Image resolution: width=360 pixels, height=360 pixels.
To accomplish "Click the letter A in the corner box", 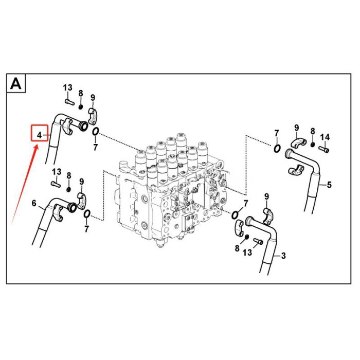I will (16, 83).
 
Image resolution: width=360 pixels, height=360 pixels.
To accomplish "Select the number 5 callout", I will (329, 185).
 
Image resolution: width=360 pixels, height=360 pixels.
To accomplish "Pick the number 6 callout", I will (34, 204).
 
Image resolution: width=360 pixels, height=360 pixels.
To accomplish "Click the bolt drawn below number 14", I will (324, 149).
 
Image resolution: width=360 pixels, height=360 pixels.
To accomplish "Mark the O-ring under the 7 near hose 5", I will (277, 149).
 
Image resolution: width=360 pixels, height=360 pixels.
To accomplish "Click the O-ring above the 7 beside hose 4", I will (96, 133).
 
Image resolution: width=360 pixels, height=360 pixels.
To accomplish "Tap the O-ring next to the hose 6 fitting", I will (86, 213).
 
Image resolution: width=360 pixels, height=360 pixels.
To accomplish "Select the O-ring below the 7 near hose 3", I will (236, 214).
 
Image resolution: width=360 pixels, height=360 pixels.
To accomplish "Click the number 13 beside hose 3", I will (248, 253).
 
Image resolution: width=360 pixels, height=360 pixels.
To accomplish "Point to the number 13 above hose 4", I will (68, 88).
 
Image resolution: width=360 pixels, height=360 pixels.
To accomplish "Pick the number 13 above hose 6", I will (56, 171).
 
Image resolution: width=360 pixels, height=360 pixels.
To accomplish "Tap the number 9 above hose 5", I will (296, 128).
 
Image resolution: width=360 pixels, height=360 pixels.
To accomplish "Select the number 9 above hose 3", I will (266, 196).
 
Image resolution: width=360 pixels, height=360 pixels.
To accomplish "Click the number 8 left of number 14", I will (313, 132).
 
